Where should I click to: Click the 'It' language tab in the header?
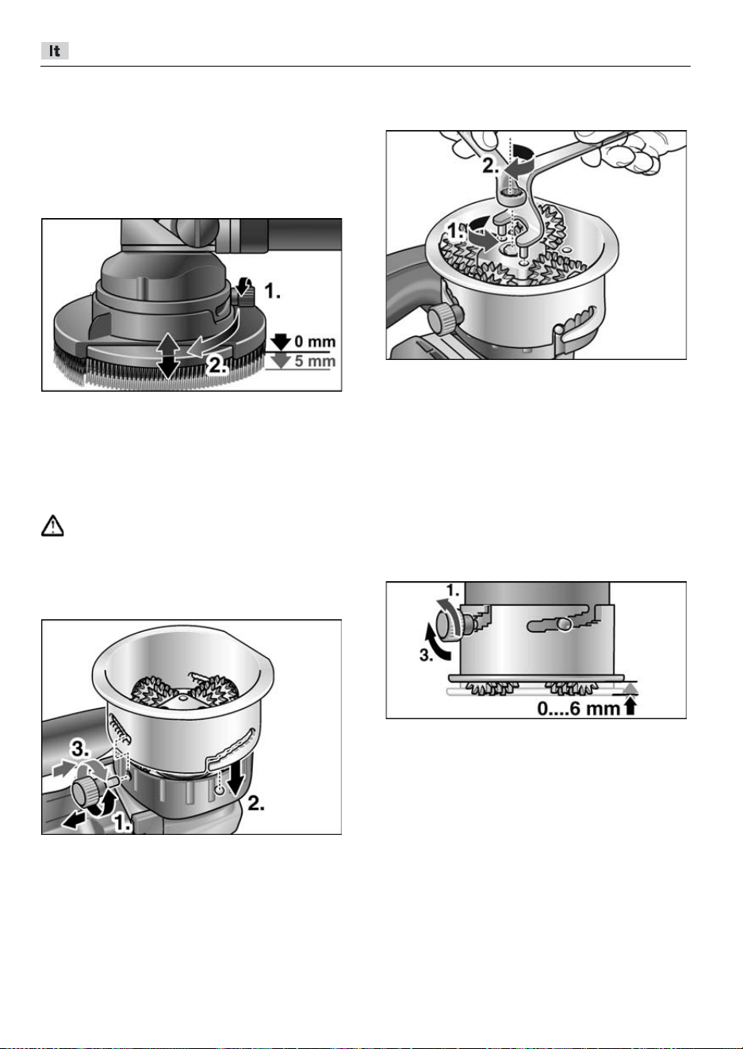click(55, 51)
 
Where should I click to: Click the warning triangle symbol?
click(52, 526)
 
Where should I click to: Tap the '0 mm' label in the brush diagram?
click(315, 342)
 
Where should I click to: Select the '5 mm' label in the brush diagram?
click(315, 361)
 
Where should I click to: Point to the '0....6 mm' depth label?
click(579, 709)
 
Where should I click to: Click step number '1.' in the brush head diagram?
click(273, 291)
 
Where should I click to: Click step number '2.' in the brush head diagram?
click(216, 365)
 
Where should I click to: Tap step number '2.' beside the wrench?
click(491, 167)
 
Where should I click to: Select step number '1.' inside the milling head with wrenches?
click(454, 231)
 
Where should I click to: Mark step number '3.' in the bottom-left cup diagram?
click(80, 750)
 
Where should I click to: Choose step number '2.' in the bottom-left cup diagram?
click(256, 804)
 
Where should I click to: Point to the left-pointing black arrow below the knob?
click(74, 821)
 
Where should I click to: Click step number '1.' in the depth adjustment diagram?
click(453, 591)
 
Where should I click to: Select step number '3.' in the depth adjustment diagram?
click(426, 655)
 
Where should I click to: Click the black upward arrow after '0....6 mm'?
click(630, 706)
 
